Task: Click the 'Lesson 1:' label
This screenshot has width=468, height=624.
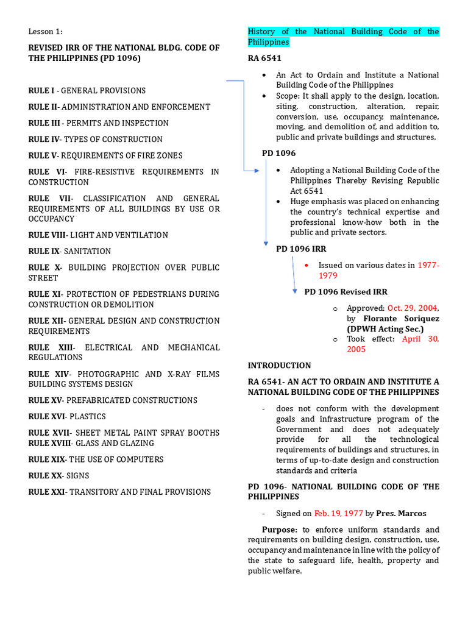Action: point(45,32)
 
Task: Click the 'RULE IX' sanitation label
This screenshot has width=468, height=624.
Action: point(44,251)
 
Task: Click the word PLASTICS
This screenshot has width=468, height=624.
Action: point(89,416)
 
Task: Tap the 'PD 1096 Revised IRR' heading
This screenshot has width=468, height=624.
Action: point(346,292)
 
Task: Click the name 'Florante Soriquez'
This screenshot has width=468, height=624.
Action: point(401,319)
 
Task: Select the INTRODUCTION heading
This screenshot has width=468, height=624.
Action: point(279,366)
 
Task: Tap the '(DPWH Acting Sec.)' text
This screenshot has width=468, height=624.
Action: point(385,329)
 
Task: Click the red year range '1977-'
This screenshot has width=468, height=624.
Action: point(428,265)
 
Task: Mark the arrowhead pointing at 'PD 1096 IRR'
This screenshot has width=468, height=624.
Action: point(266,244)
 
